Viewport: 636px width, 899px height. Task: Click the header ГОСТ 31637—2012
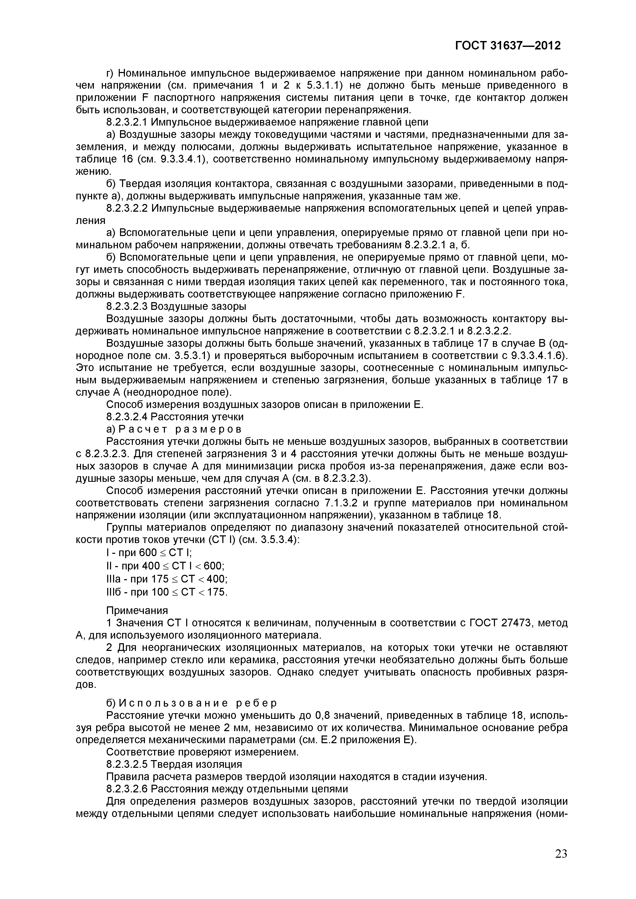click(508, 46)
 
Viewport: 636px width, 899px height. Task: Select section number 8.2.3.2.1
click(126, 122)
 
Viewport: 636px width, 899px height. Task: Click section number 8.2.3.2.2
click(126, 208)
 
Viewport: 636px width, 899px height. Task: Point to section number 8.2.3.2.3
click(126, 306)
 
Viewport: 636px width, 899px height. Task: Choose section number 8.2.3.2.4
click(126, 417)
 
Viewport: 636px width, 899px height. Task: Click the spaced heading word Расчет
click(142, 429)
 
